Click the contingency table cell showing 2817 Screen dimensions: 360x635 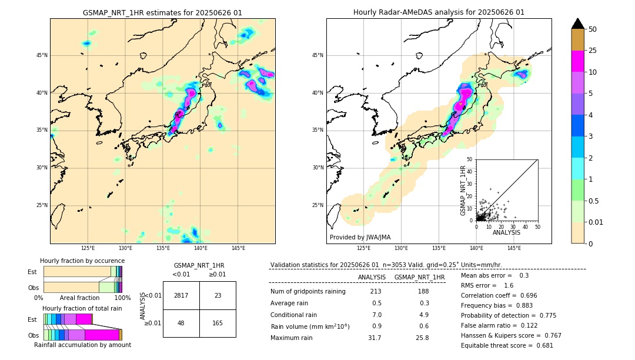point(181,295)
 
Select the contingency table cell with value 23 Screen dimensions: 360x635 point(218,295)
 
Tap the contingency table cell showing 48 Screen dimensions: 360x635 point(181,323)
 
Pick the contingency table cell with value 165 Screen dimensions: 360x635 point(218,323)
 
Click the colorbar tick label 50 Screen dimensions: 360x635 point(593,29)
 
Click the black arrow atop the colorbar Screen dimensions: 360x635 point(578,24)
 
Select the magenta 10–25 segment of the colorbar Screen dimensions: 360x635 point(578,61)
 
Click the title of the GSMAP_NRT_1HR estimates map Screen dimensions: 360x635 point(162,12)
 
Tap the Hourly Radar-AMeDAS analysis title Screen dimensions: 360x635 point(439,12)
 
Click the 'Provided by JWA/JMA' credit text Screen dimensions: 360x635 point(360,237)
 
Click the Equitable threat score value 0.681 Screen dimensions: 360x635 point(540,345)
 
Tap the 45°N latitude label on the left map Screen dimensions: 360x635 point(42,55)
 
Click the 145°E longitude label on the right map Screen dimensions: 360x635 point(514,248)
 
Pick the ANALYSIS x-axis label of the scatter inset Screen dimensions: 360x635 point(506,232)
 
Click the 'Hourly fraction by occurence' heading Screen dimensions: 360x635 point(82,261)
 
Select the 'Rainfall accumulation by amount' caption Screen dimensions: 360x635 point(82,345)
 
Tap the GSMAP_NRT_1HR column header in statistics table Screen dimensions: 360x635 point(419,277)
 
